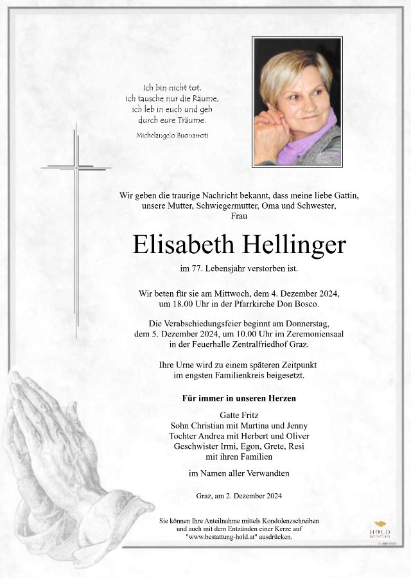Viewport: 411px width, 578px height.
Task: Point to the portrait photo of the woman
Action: tap(297, 101)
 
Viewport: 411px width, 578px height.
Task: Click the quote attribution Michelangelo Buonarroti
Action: tap(172, 135)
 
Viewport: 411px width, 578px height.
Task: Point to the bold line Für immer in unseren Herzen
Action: tap(238, 399)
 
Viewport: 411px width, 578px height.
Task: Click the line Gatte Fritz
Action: tap(238, 415)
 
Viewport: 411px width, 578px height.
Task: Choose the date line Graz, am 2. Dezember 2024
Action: tap(238, 496)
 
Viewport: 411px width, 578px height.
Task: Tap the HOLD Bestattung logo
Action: tap(381, 529)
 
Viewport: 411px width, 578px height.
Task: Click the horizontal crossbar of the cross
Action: tap(76, 168)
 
